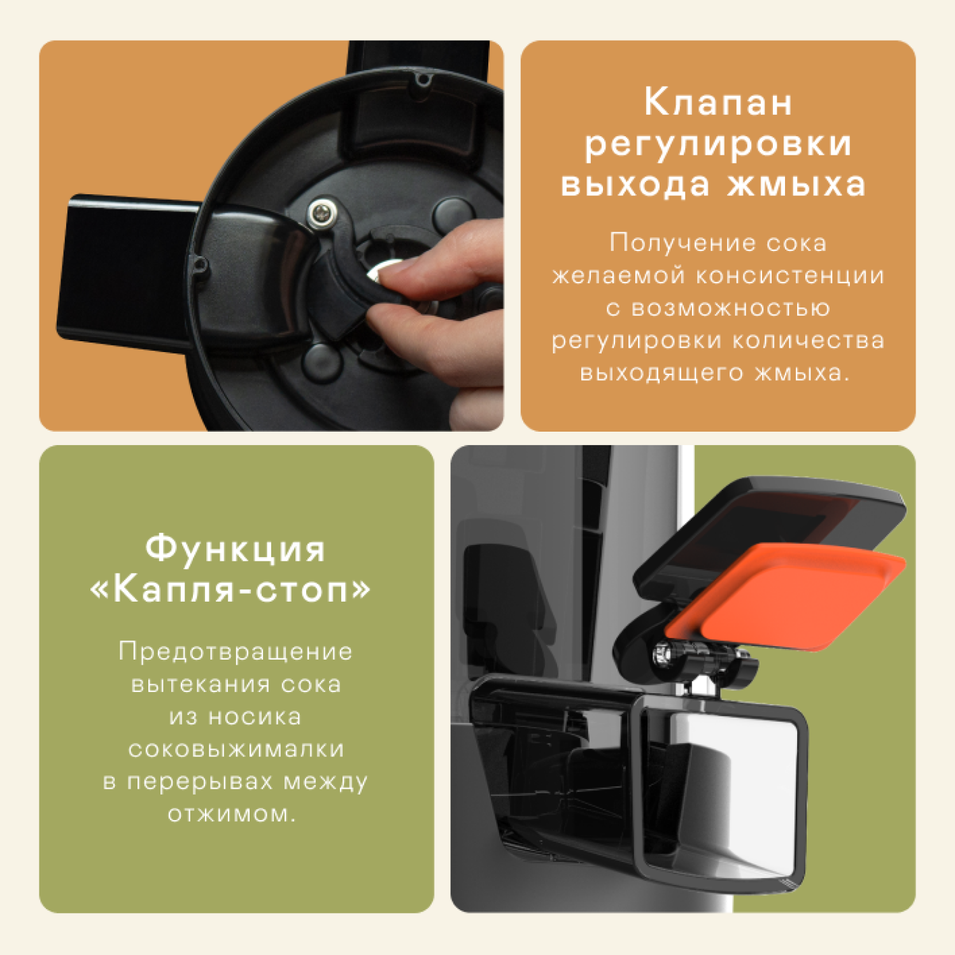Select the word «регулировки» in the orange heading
click(718, 144)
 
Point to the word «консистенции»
click(789, 276)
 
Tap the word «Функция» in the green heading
click(236, 549)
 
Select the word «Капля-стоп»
click(230, 591)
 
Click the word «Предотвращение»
click(236, 652)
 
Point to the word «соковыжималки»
click(236, 749)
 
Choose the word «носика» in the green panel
click(255, 718)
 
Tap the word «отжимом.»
click(232, 814)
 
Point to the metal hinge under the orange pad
click(697, 656)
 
